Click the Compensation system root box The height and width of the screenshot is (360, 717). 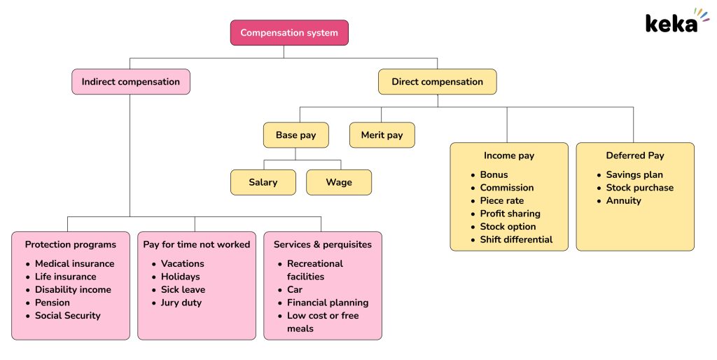[289, 33]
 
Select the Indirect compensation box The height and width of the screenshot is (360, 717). [130, 82]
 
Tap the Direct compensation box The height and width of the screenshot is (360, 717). [437, 82]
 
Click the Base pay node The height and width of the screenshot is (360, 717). [295, 135]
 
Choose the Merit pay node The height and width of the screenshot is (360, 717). [382, 135]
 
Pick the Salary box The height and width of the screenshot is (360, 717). [263, 182]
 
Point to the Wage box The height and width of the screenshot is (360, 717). [339, 182]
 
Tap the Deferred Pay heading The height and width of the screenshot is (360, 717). [634, 155]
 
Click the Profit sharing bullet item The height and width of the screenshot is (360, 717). [510, 214]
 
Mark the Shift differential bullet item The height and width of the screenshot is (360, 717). [516, 240]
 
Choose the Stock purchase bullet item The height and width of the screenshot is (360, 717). [639, 188]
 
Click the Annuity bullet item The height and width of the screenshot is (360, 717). [623, 200]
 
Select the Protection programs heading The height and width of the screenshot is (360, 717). [71, 244]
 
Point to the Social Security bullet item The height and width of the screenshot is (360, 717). [68, 315]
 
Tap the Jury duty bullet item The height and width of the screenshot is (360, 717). [181, 303]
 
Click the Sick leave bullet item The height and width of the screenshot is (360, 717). [183, 289]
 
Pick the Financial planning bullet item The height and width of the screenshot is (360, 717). [327, 303]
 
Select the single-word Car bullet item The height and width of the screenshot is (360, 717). [295, 289]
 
